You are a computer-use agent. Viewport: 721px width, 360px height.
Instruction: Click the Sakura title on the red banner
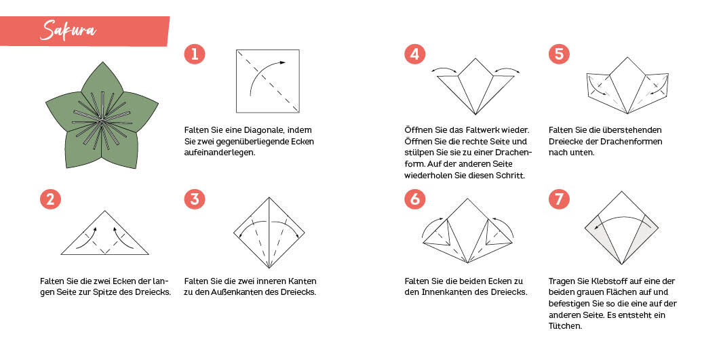click(x=68, y=31)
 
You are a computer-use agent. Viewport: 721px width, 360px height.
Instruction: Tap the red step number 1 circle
click(x=195, y=54)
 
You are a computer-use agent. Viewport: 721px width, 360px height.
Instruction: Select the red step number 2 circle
click(x=50, y=199)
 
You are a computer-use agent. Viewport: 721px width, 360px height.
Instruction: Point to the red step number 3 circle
click(x=195, y=199)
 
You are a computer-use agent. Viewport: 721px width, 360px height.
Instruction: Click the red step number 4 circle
click(x=414, y=54)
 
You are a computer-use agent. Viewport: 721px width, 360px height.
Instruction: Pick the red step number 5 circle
click(x=559, y=54)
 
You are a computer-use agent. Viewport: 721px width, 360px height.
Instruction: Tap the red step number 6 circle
click(x=414, y=199)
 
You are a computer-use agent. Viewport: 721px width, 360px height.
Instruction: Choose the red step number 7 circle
click(x=559, y=199)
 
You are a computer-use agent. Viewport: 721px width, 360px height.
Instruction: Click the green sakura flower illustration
click(x=102, y=116)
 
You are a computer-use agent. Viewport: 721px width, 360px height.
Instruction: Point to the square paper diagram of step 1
click(x=268, y=81)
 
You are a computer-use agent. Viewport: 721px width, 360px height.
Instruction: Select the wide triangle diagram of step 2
click(x=105, y=233)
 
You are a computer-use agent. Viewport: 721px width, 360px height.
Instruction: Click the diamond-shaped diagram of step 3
click(x=269, y=233)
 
